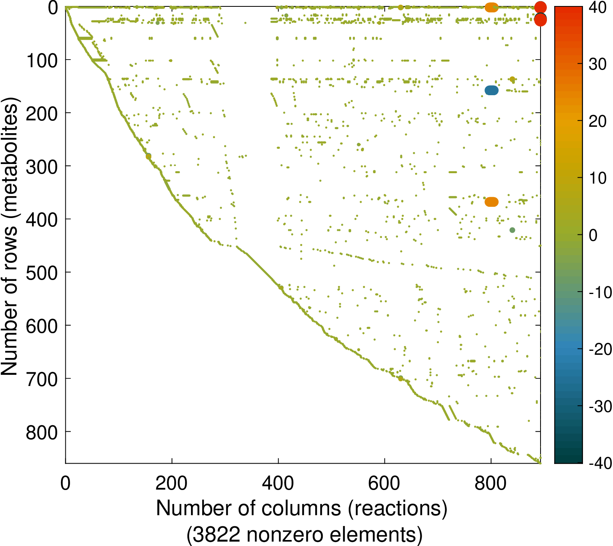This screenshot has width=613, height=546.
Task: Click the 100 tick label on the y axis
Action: (42, 60)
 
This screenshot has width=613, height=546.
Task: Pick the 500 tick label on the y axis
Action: (42, 273)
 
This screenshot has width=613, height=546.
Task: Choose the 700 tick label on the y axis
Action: (42, 379)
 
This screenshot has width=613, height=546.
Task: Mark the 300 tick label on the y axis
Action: (42, 166)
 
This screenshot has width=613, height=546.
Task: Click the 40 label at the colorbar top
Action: (597, 8)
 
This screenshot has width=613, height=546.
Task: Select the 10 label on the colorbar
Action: (597, 178)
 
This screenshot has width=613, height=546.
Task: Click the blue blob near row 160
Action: (492, 91)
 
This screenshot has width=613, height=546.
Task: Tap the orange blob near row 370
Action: (492, 202)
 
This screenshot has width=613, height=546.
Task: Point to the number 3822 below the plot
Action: (219, 534)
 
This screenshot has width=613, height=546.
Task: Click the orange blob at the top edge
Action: (492, 7)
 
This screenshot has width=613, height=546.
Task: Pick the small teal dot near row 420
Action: (512, 230)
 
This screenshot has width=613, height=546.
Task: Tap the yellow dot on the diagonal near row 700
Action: (400, 378)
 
